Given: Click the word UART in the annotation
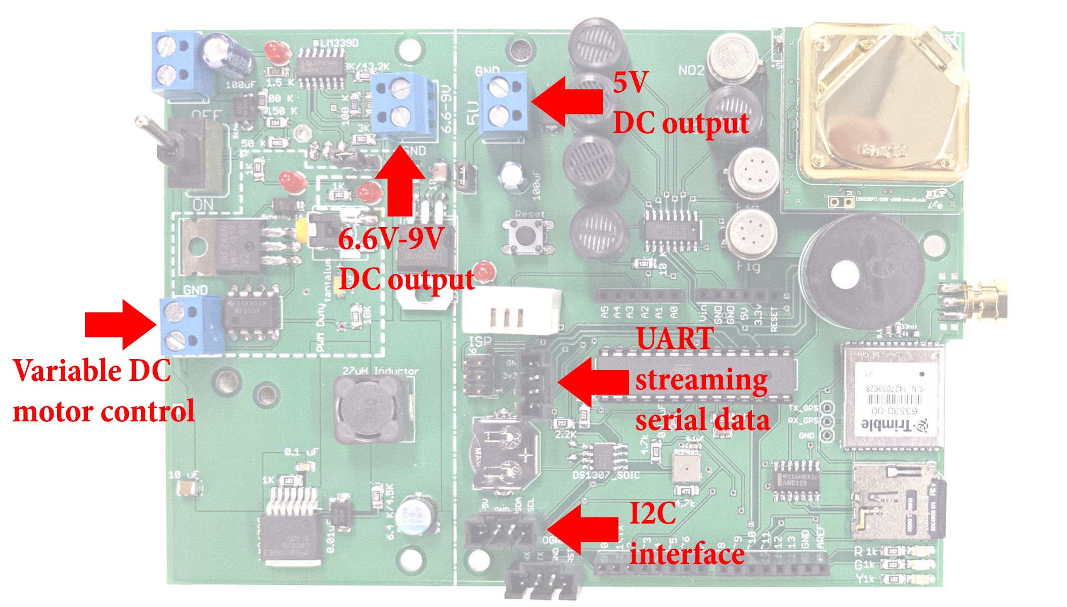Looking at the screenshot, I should [675, 338].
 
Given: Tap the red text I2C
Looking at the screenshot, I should [652, 513].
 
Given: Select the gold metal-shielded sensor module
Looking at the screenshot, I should [880, 101].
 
